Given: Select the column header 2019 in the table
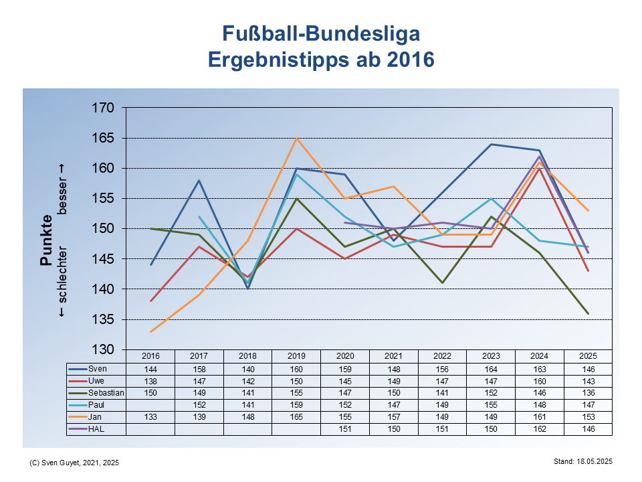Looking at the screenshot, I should point(296,356).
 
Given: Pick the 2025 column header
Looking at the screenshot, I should point(588,356).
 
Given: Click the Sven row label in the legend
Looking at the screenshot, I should point(98,369).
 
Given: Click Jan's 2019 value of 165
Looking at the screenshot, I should point(296,417).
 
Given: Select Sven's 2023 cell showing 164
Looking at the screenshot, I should point(491,369).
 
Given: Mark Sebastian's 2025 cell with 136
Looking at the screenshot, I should point(588,393).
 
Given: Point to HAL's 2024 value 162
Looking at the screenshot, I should point(539,429).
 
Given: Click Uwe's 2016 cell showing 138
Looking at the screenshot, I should point(150,381).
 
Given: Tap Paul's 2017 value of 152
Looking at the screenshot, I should point(199,405).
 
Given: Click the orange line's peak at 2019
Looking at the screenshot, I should point(296,139).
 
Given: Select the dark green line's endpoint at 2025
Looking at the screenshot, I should point(588,313).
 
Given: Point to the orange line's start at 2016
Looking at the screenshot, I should point(150,331).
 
